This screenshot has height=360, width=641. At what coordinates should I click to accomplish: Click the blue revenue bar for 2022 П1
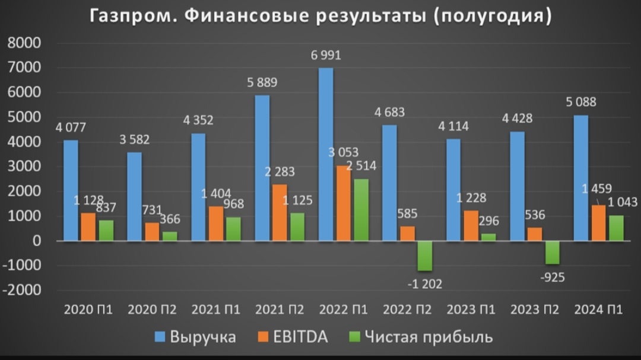coord(326,154)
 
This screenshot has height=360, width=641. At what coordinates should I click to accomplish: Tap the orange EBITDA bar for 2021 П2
coord(280,212)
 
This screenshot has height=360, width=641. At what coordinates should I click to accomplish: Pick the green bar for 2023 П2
coord(553,252)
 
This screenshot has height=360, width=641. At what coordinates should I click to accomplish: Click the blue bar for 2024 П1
coord(581,178)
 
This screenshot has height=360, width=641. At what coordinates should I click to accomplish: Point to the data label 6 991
coord(326,56)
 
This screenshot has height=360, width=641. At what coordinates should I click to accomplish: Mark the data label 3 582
coord(134,140)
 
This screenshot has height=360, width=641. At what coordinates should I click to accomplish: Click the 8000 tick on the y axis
coord(24,43)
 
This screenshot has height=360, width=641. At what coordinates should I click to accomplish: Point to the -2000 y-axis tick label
coord(21,291)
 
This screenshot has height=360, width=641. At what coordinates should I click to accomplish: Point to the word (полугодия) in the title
coord(492,16)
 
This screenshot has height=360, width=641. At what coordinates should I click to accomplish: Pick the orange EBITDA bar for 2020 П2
coord(152,231)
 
